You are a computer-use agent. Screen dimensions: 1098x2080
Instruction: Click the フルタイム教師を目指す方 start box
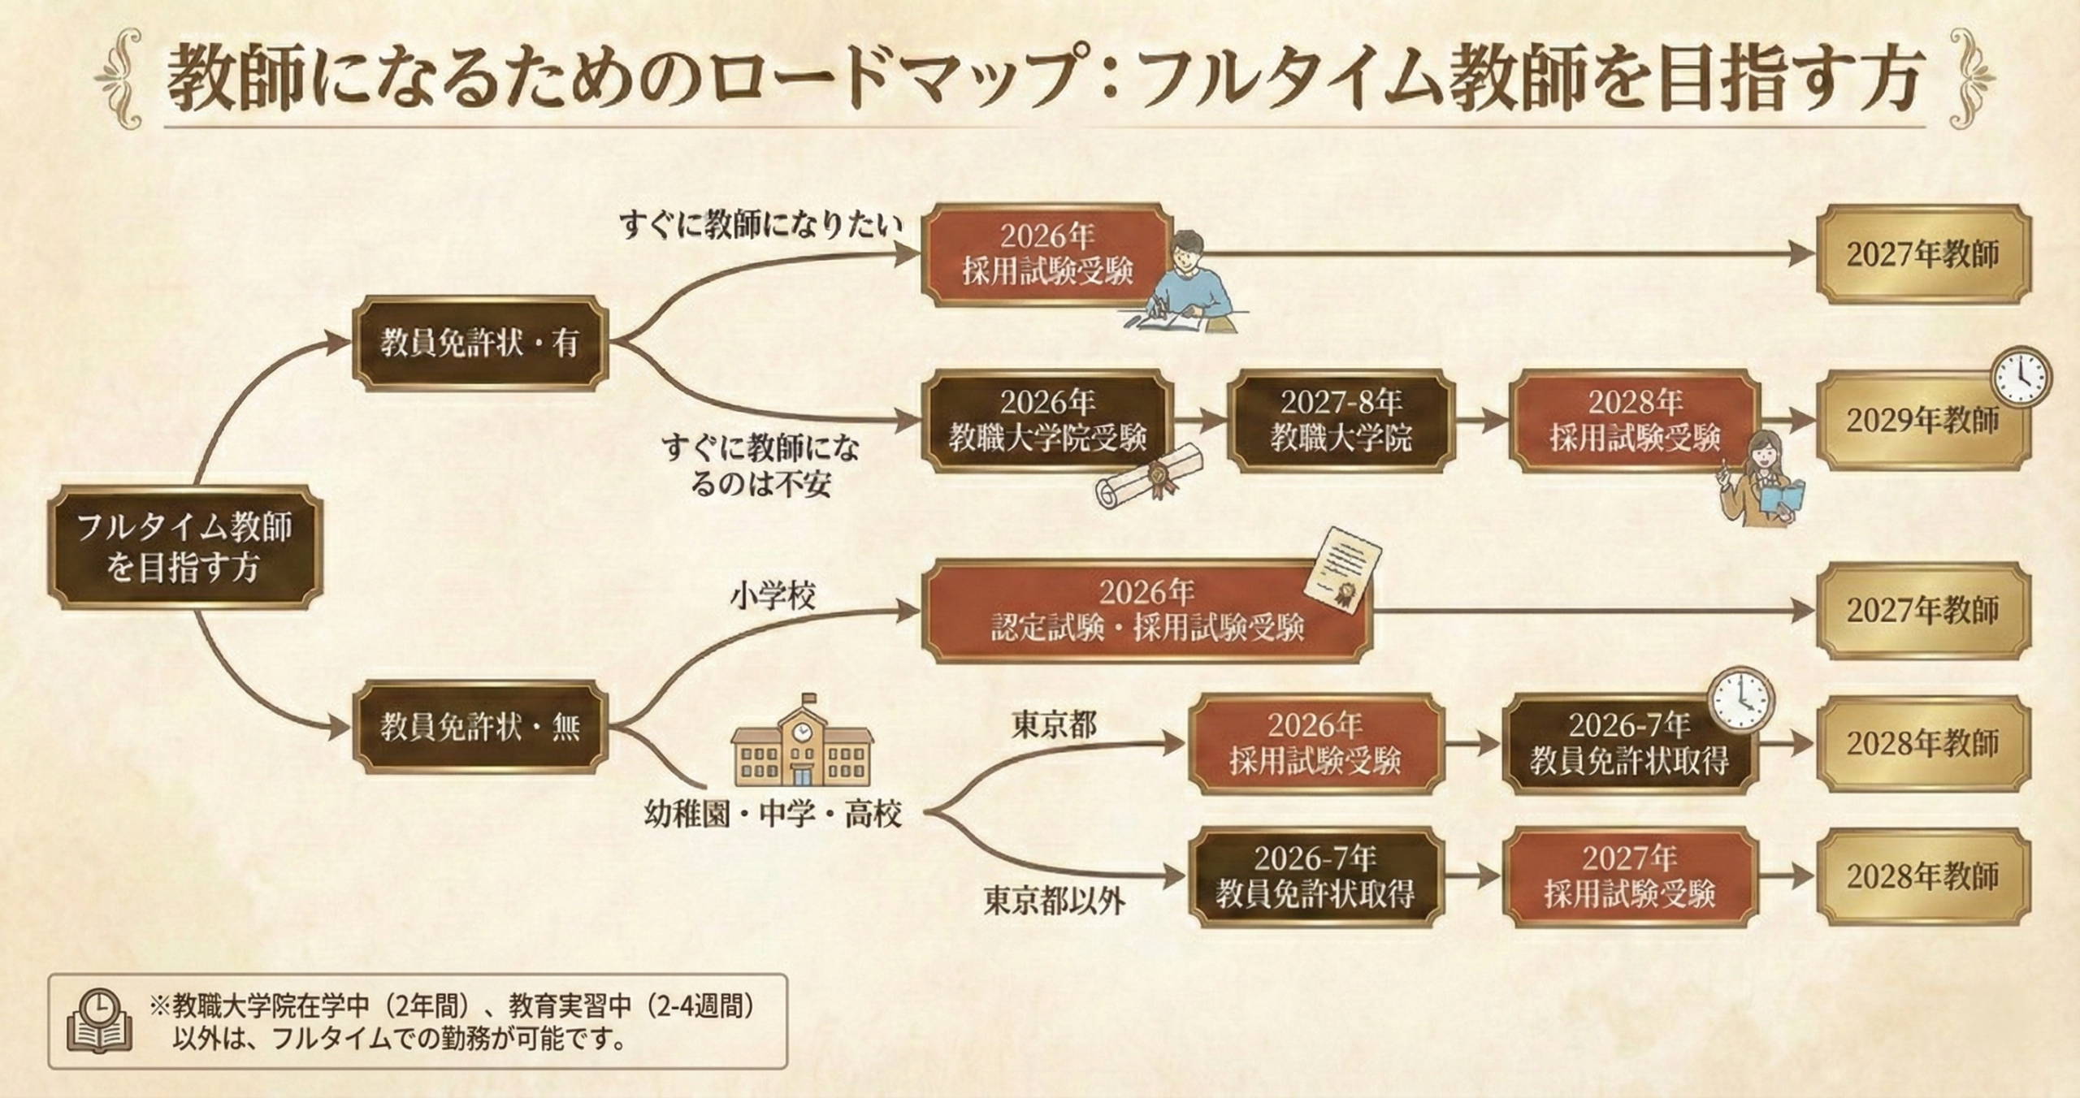pyautogui.click(x=184, y=547)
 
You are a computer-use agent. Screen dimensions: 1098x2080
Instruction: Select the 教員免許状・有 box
pyautogui.click(x=479, y=344)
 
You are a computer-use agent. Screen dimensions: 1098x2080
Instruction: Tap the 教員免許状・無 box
pyautogui.click(x=479, y=727)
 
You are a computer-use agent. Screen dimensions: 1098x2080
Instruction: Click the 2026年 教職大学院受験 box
pyautogui.click(x=1047, y=421)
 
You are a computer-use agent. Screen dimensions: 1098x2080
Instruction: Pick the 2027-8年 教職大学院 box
pyautogui.click(x=1341, y=421)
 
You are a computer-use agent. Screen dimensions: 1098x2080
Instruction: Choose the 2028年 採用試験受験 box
pyautogui.click(x=1635, y=421)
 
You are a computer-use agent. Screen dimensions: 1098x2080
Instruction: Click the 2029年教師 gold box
pyautogui.click(x=1922, y=421)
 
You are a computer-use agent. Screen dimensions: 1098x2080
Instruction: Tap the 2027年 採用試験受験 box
pyautogui.click(x=1630, y=877)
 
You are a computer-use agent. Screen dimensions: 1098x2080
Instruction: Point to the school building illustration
pyautogui.click(x=802, y=744)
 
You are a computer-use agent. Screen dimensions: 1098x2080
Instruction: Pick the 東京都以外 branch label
pyautogui.click(x=1054, y=901)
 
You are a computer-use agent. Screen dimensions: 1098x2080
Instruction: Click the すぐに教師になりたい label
pyautogui.click(x=760, y=225)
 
